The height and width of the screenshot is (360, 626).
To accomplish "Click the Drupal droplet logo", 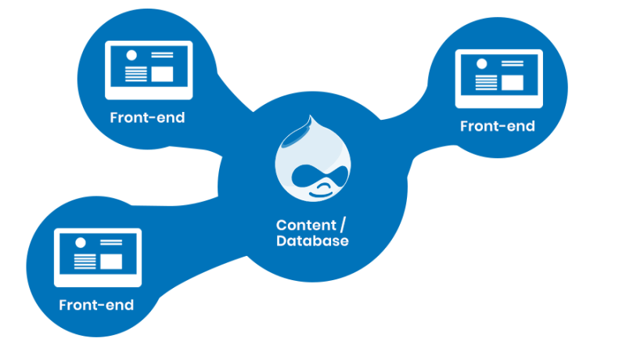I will (312, 161).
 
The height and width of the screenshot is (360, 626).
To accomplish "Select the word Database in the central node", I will (312, 241).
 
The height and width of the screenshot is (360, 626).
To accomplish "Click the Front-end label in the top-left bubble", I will (147, 118).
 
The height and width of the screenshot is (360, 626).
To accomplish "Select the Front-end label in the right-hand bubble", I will (498, 126).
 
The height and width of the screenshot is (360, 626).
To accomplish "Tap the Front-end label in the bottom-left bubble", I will (96, 304).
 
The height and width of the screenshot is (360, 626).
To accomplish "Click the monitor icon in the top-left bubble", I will (149, 70).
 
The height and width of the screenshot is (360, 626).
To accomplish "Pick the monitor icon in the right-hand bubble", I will (498, 78).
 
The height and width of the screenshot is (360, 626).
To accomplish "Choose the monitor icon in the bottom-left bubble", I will (97, 257).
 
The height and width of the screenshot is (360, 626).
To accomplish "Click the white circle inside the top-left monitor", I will (131, 56).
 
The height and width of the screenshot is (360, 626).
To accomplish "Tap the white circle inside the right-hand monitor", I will (481, 65).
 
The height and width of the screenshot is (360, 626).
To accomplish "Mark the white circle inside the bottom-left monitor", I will (80, 243).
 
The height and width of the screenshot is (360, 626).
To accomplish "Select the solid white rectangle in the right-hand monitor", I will (512, 82).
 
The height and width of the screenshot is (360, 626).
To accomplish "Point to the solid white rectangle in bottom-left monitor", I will (110, 261).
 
